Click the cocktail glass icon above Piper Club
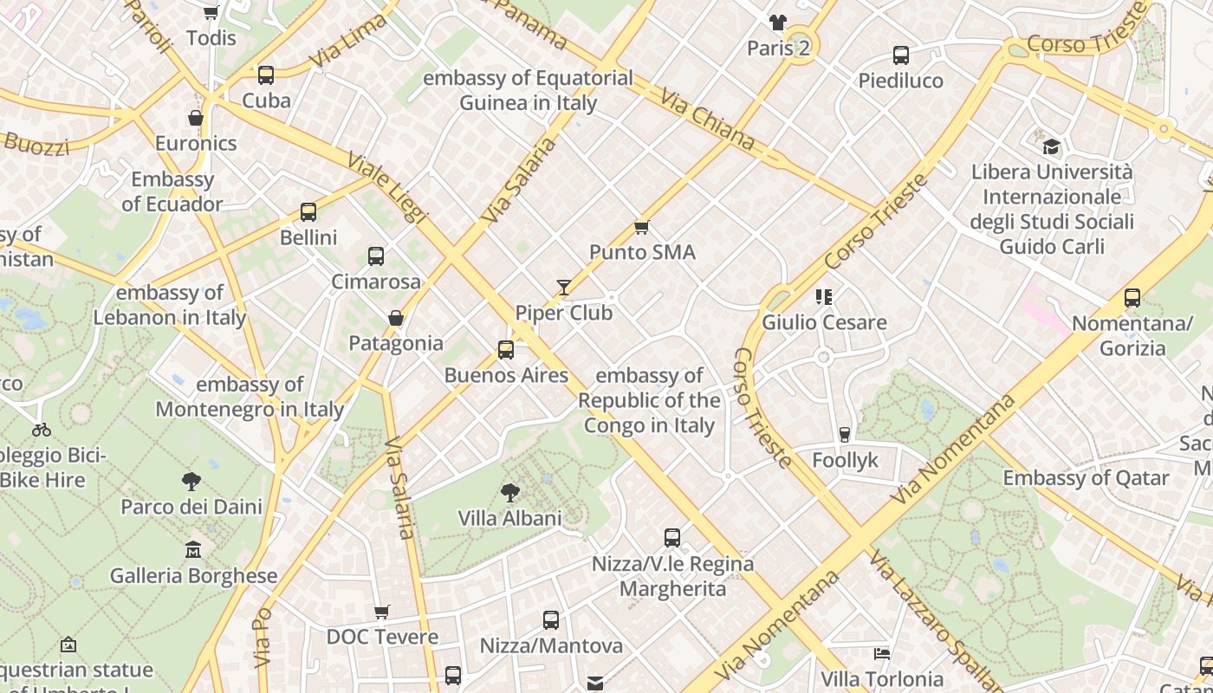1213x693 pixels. point(564,287)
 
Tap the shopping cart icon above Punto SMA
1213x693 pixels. point(641,227)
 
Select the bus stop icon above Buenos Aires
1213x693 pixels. point(506,350)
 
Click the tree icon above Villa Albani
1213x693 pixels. point(510,493)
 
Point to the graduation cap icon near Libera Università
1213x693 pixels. point(1051,146)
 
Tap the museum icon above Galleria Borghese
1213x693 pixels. point(193,550)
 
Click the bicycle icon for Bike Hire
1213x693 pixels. point(41,430)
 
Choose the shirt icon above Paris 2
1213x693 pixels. point(777,23)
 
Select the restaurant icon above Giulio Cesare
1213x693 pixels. point(823,297)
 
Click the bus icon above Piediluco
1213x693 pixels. point(901,55)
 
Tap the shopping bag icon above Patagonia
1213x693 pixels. point(396,318)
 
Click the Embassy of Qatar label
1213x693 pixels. point(1086,478)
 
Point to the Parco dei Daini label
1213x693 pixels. point(191,507)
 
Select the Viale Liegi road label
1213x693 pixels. point(387,189)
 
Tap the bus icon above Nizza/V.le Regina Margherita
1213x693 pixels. point(672,538)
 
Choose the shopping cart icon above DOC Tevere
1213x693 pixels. point(382,612)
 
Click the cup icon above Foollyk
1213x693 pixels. point(845,435)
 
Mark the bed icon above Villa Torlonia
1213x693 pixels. point(882,653)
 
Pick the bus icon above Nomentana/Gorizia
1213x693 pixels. point(1132,298)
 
